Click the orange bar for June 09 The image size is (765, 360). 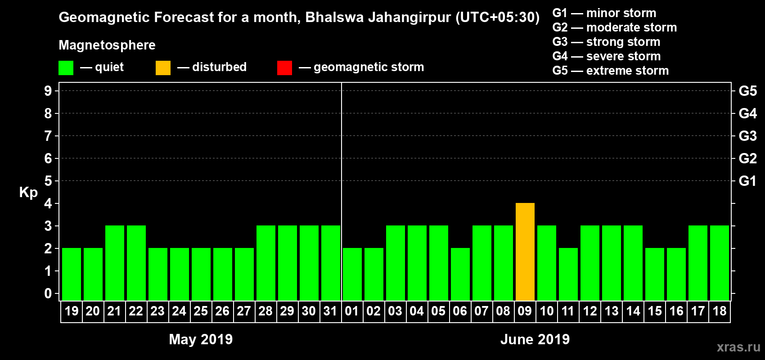click(525, 252)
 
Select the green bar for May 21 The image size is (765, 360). click(114, 263)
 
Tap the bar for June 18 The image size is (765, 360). click(719, 263)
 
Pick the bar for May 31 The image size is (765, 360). click(330, 263)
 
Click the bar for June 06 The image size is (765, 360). click(460, 274)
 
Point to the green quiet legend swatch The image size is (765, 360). click(66, 68)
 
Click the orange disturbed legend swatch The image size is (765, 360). click(163, 68)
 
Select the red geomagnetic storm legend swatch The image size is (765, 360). click(284, 68)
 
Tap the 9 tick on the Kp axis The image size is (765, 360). click(48, 91)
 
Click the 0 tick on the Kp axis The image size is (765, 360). click(48, 293)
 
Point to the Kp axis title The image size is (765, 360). click(28, 192)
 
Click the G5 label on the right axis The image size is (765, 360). click(747, 91)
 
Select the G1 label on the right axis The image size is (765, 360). click(747, 181)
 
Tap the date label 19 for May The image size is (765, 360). click(71, 311)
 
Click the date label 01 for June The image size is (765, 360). click(351, 311)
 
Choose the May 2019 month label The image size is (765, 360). click(201, 339)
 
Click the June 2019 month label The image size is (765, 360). click(535, 339)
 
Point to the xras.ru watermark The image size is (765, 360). click(738, 347)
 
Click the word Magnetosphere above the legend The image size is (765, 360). click(107, 45)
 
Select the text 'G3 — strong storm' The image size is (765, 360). click(606, 42)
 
